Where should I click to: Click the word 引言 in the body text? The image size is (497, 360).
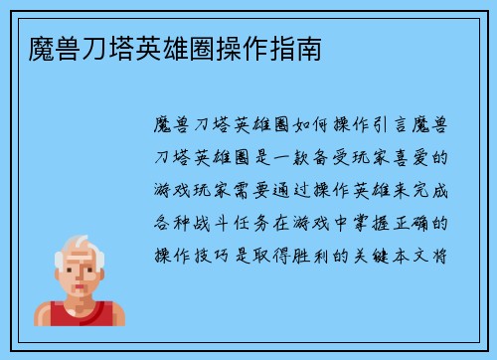tap(393, 126)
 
